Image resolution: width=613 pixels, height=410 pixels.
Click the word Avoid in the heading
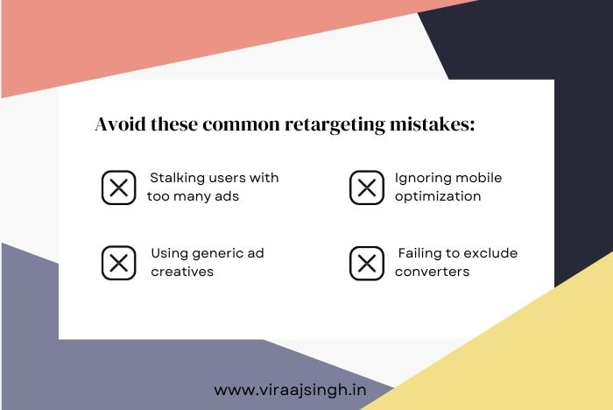[x=121, y=124]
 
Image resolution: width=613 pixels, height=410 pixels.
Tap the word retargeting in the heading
[x=335, y=125]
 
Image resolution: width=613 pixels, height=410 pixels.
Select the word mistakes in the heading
[x=432, y=124]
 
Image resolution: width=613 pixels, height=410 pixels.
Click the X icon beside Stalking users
[x=119, y=187]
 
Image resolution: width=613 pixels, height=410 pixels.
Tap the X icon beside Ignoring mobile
[x=367, y=187]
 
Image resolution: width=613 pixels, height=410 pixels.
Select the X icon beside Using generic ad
[x=119, y=263]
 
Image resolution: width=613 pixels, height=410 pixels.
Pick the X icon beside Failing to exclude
[x=367, y=263]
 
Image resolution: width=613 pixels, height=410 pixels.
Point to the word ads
[x=227, y=196]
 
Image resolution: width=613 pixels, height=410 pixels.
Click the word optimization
[x=438, y=197]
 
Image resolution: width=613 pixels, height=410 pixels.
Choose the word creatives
[x=182, y=272]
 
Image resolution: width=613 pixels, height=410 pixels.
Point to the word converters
[x=432, y=272]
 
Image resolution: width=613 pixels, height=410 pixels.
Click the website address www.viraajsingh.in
[x=290, y=391]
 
